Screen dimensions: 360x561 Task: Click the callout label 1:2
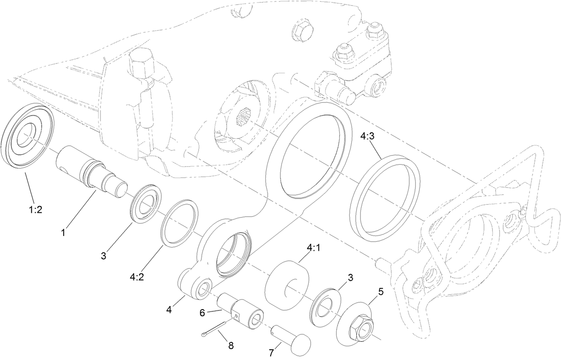(36, 209)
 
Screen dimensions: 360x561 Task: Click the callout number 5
(380, 292)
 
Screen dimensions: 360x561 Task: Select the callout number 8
(231, 345)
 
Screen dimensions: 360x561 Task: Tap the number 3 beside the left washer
(103, 256)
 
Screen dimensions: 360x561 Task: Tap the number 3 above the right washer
(351, 277)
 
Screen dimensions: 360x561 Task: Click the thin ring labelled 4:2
(178, 223)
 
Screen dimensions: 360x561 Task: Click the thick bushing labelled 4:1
(286, 283)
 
